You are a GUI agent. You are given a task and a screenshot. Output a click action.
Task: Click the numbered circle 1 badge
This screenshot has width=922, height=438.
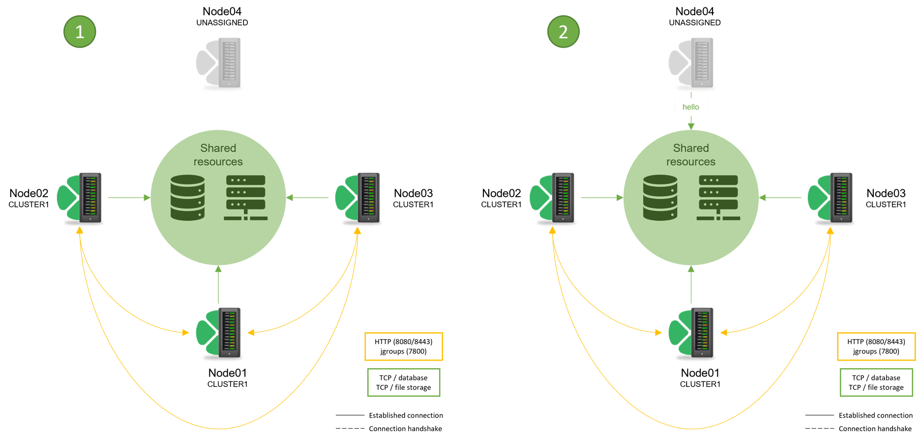80,32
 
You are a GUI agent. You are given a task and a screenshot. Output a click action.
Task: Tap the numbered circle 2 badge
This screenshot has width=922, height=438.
564,32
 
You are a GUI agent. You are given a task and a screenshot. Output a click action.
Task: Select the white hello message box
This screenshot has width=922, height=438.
691,107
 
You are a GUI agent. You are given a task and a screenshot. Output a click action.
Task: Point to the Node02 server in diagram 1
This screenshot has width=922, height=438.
90,198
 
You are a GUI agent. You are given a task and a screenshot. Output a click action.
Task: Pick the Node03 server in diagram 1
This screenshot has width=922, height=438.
368,198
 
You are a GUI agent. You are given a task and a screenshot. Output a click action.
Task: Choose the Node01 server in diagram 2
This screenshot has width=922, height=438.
702,332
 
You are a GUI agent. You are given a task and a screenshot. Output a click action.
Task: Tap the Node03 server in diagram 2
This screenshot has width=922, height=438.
841,198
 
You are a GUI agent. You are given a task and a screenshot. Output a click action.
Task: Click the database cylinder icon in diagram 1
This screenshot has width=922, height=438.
187,198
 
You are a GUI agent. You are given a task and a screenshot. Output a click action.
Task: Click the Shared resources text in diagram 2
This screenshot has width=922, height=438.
691,155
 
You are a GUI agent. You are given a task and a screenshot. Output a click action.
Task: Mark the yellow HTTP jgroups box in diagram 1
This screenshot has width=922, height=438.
404,347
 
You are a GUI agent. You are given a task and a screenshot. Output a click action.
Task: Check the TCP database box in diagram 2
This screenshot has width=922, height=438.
876,382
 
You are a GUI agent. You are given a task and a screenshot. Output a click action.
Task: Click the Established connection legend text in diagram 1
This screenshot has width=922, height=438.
406,415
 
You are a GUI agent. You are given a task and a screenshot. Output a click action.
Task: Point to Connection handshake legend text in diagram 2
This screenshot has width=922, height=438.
875,429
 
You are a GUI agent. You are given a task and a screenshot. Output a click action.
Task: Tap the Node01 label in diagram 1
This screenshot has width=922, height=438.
227,373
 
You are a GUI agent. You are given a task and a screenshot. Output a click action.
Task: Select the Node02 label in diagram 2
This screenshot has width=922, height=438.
501,193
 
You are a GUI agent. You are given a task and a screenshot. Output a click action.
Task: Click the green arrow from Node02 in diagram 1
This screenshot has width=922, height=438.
129,198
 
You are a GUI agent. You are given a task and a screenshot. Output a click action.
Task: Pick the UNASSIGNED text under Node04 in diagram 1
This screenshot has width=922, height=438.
222,23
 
